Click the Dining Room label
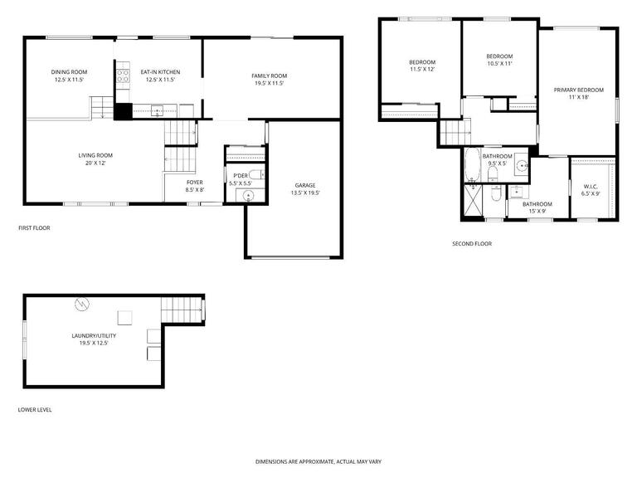click(x=69, y=72)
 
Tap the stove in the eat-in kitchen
click(x=123, y=76)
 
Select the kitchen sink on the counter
click(x=157, y=110)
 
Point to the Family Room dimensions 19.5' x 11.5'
click(x=269, y=83)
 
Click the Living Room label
click(x=95, y=155)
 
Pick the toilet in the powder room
click(x=257, y=175)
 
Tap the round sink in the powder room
click(x=248, y=197)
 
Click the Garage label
click(x=305, y=185)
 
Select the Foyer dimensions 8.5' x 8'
click(x=195, y=190)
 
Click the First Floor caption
click(x=34, y=228)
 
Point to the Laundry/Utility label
click(x=94, y=336)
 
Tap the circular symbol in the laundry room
click(x=82, y=304)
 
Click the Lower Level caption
click(x=35, y=410)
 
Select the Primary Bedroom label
click(x=578, y=90)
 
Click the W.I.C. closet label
click(x=590, y=187)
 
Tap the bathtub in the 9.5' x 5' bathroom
click(x=472, y=164)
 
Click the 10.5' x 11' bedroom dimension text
click(x=499, y=63)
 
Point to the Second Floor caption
click(x=472, y=243)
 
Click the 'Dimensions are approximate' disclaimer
click(x=318, y=461)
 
